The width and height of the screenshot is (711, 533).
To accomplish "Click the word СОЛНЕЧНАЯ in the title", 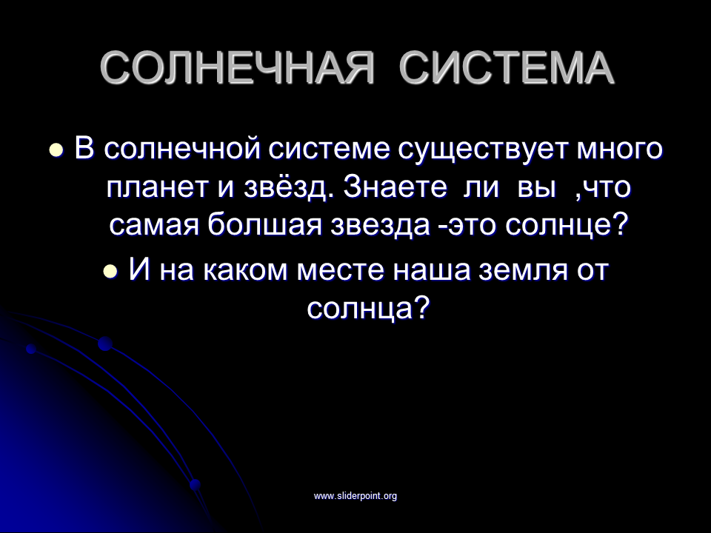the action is pyautogui.click(x=237, y=68).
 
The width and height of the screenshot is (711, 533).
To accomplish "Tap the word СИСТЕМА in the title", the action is pyautogui.click(x=507, y=68).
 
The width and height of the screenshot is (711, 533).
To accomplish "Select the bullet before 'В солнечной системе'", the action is pyautogui.click(x=56, y=150).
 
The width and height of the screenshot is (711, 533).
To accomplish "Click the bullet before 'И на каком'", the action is pyautogui.click(x=110, y=271).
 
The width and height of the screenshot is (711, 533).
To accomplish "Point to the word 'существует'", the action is pyautogui.click(x=483, y=149).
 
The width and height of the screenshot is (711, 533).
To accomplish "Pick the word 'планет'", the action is pyautogui.click(x=161, y=187).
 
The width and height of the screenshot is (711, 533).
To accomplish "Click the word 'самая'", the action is pyautogui.click(x=154, y=225).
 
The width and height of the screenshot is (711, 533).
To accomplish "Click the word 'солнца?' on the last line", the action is pyautogui.click(x=368, y=309).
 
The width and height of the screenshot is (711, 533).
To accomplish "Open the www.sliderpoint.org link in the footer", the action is pyautogui.click(x=355, y=496).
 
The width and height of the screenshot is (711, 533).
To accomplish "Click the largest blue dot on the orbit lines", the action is pyautogui.click(x=105, y=344).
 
